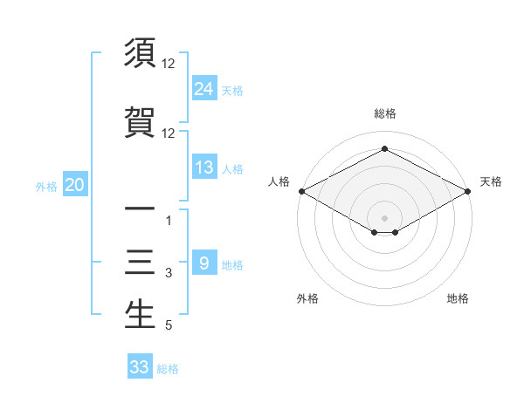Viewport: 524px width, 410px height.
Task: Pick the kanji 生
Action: click(140, 314)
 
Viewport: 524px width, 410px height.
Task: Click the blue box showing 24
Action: click(203, 89)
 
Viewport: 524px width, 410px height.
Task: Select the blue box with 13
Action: click(203, 167)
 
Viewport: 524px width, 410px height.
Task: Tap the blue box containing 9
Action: click(203, 263)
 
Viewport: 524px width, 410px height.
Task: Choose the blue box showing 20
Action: click(75, 185)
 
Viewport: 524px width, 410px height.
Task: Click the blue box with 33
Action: click(139, 367)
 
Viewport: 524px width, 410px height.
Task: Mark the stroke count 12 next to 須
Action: click(169, 65)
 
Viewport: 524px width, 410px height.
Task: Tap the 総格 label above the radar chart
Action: click(384, 113)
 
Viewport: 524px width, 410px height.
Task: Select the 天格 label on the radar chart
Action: click(491, 181)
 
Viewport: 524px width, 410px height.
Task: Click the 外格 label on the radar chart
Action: click(307, 298)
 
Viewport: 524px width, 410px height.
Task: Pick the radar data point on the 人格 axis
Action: click(301, 190)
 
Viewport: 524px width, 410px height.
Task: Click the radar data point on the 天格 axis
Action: click(468, 190)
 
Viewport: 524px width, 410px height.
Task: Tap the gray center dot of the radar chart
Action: click(384, 217)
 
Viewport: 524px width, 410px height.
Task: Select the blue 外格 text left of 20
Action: click(46, 186)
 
